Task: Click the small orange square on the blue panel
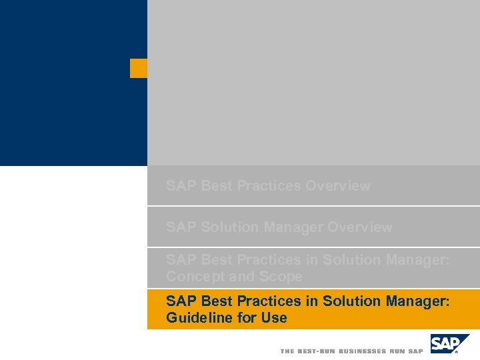[x=138, y=68]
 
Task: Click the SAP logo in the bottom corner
[x=449, y=344]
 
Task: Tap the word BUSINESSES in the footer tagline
[x=362, y=351]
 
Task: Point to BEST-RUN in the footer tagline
[x=316, y=351]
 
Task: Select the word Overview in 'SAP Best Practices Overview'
[x=337, y=186]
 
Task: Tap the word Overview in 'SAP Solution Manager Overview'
[x=360, y=227]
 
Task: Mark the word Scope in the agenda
[x=283, y=277]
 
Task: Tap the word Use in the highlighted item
[x=274, y=318]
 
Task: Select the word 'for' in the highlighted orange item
[x=247, y=318]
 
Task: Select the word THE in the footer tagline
[x=287, y=351]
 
